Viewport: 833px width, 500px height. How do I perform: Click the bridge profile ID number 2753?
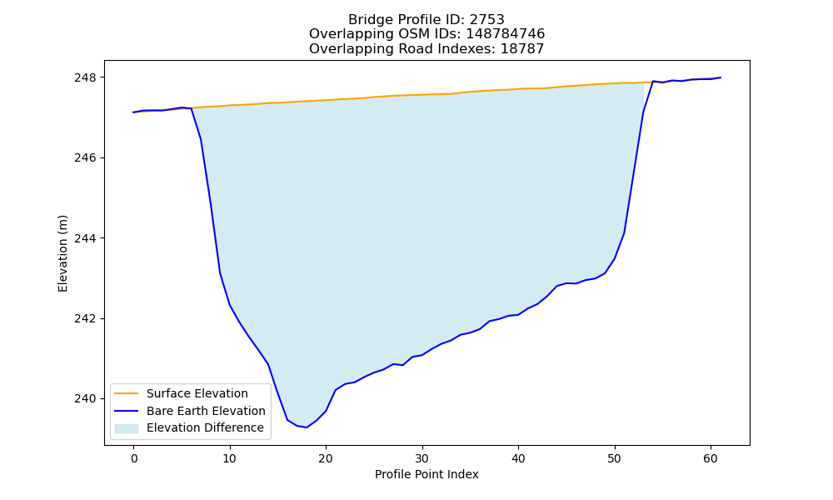[x=486, y=20]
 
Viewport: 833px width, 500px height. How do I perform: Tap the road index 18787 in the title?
[x=522, y=49]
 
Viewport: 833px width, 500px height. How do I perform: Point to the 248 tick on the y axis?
[x=86, y=77]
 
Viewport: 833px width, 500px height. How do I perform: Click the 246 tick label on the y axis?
[x=86, y=157]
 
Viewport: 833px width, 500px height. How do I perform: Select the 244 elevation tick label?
[x=86, y=238]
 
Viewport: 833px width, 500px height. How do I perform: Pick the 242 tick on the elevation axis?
[x=86, y=318]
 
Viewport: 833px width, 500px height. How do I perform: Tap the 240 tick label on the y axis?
[x=86, y=398]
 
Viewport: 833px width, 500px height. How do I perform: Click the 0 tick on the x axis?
[x=133, y=458]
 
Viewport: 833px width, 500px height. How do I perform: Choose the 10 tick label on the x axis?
[x=230, y=458]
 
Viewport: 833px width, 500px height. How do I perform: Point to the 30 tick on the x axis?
[x=421, y=458]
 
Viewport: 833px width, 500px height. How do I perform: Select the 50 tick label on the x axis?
[x=614, y=458]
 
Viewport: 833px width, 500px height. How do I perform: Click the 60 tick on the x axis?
[x=711, y=458]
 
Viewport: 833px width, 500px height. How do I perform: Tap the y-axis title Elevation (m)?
[x=62, y=253]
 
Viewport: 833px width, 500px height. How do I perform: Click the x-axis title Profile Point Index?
[x=426, y=474]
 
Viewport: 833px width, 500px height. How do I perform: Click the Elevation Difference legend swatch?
[x=127, y=428]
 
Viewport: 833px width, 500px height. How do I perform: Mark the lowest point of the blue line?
[x=306, y=427]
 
